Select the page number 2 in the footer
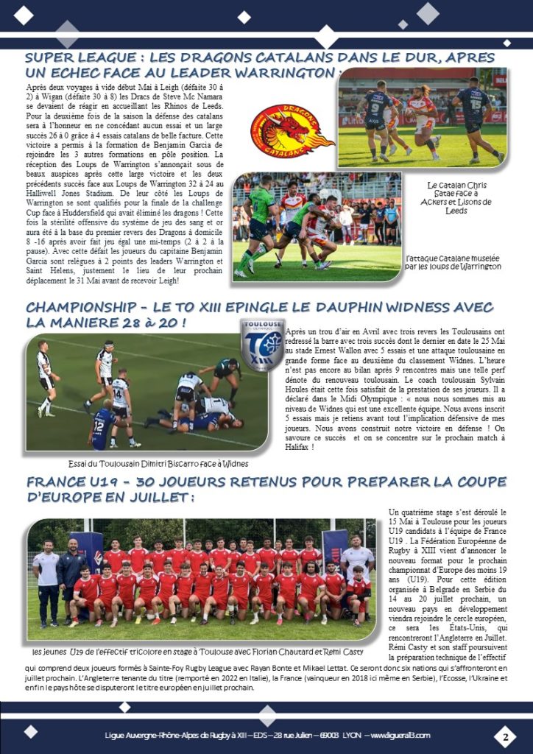[x=506, y=736]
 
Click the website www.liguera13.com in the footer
[x=402, y=736]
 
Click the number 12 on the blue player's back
[x=98, y=424]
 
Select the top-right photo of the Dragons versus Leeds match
[x=422, y=122]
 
